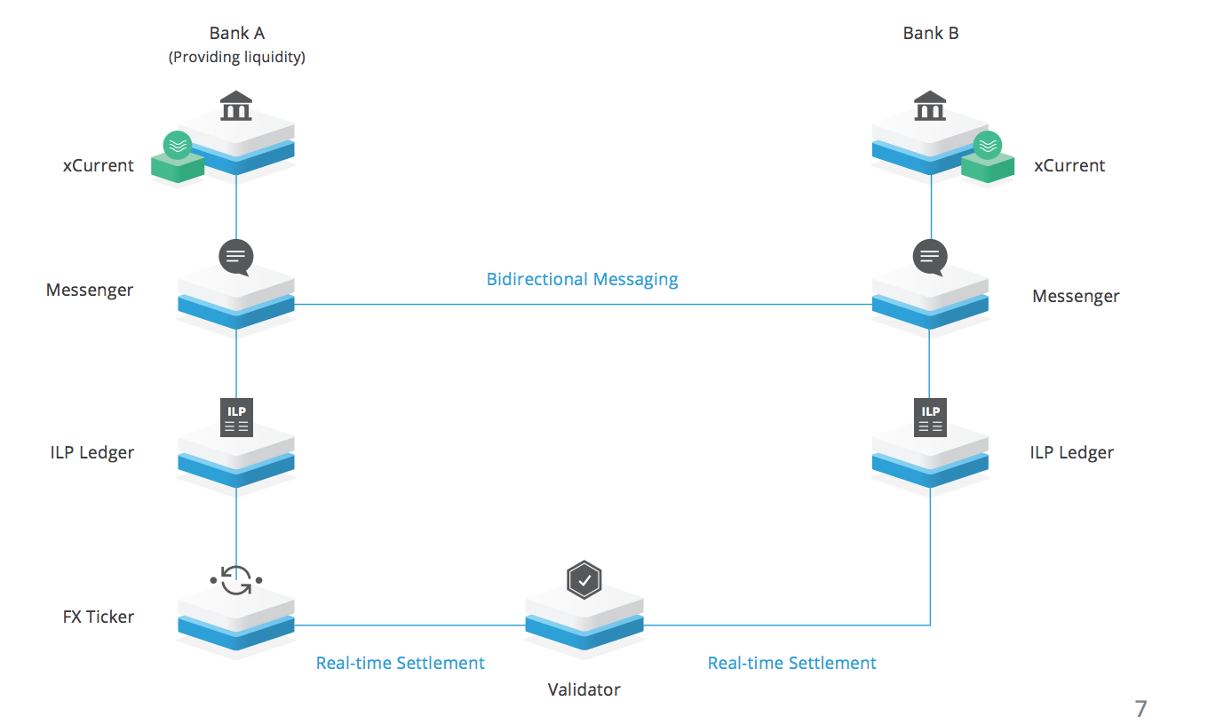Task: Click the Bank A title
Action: click(237, 34)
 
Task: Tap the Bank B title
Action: click(931, 34)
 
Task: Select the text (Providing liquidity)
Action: click(237, 58)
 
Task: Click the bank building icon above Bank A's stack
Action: click(235, 107)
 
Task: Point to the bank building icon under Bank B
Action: click(930, 107)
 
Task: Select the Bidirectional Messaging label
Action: click(582, 280)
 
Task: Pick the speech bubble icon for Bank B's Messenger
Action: click(930, 258)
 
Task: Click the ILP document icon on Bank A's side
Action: click(236, 418)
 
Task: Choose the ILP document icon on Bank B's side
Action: click(931, 418)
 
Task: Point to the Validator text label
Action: click(584, 689)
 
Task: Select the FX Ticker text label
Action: click(99, 617)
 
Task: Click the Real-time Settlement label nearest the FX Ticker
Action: click(401, 663)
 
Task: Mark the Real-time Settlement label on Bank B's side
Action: click(791, 663)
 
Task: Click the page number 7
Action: click(1141, 709)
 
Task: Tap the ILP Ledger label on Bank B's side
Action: click(1071, 452)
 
